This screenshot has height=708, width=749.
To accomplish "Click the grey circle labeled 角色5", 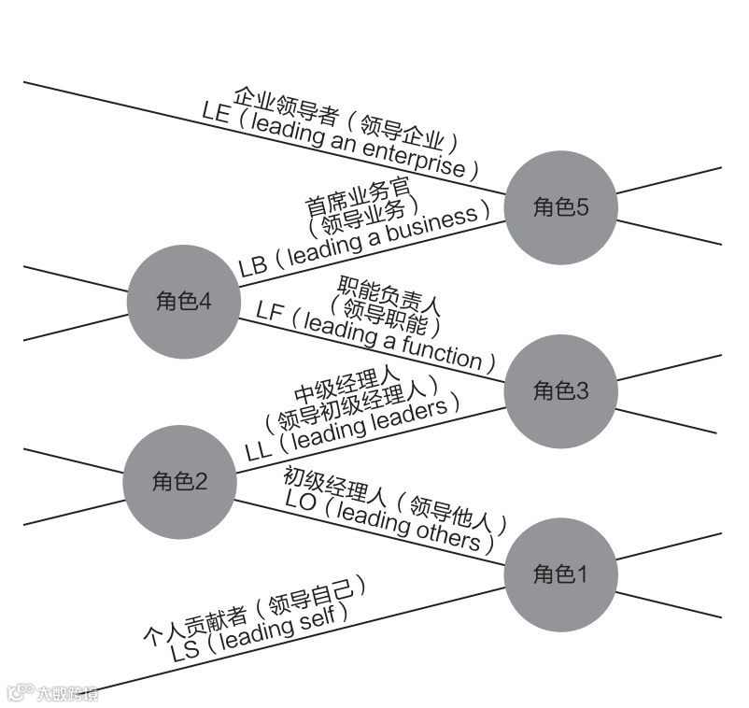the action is [x=560, y=207].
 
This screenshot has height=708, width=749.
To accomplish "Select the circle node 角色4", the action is [x=183, y=302].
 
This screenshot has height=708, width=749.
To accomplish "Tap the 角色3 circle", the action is [x=560, y=390].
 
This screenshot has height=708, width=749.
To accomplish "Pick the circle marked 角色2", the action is [x=179, y=482].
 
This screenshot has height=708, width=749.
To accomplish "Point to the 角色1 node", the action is [x=560, y=574].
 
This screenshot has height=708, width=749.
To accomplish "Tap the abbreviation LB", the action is [x=252, y=267].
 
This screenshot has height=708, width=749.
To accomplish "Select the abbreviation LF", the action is [x=269, y=311].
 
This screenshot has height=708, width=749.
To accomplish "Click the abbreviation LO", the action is [x=301, y=501].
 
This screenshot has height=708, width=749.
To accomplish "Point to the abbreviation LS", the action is [x=185, y=651].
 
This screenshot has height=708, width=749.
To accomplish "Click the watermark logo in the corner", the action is [x=51, y=693].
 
